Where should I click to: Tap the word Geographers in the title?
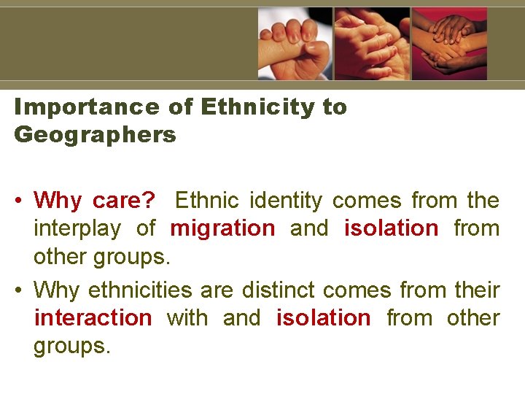coord(96,135)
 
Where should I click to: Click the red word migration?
coord(222,228)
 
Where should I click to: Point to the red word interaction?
coord(93,318)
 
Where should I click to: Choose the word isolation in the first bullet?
coord(391,228)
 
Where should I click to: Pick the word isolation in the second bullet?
coord(323,318)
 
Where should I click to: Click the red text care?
coord(125,200)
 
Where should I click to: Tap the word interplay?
coord(77,228)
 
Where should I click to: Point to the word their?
coord(476,290)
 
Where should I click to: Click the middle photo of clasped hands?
coord(373,44)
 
